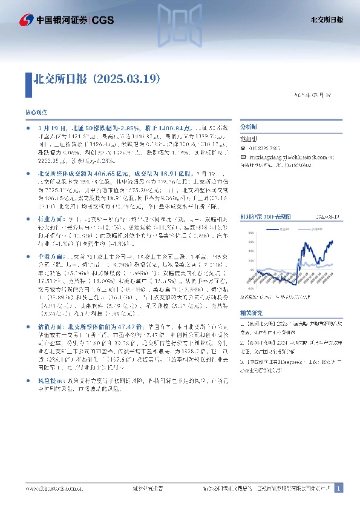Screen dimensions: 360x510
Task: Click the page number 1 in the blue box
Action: point(339,488)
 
